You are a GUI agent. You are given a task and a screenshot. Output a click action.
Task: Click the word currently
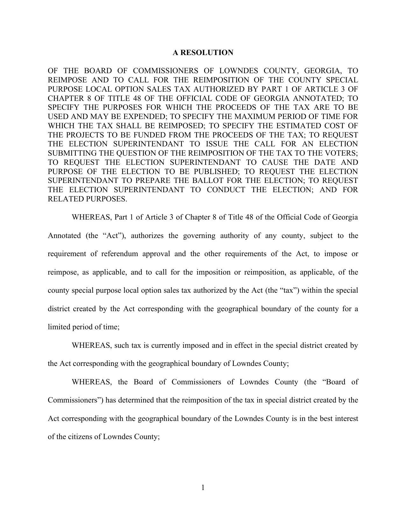coord(166,345)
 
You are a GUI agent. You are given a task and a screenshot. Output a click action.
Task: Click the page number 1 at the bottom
coord(203,488)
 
